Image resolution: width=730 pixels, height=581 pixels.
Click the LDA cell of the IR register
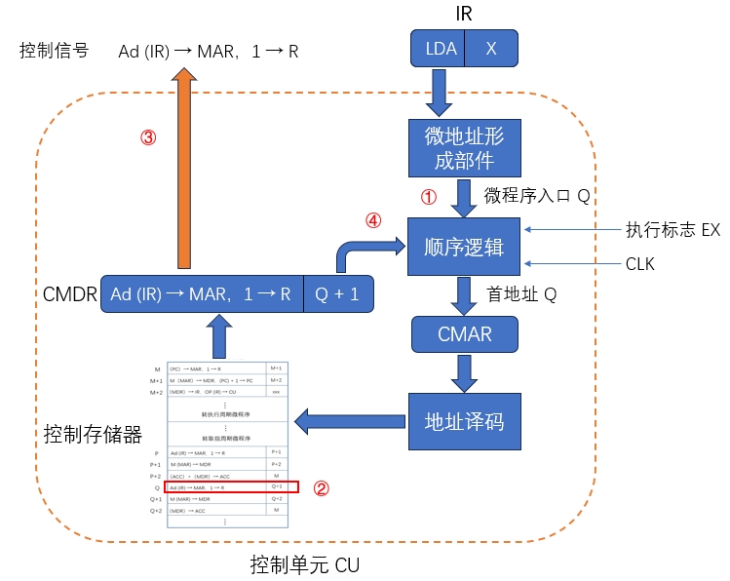coord(441,48)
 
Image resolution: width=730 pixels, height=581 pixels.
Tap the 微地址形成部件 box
coord(464,147)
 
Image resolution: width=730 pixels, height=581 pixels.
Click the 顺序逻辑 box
coord(464,247)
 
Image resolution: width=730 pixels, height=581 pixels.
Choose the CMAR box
coord(464,334)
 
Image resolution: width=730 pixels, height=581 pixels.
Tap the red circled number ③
coord(147,137)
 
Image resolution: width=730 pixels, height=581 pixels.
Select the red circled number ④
coord(372,220)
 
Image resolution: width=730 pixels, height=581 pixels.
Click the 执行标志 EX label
coord(672,230)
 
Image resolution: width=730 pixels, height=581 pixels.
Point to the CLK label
coord(640,264)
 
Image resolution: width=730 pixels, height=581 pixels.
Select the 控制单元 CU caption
coord(304,564)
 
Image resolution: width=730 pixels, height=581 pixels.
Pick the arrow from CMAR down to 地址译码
coord(464,371)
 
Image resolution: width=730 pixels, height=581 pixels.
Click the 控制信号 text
coord(55,50)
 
